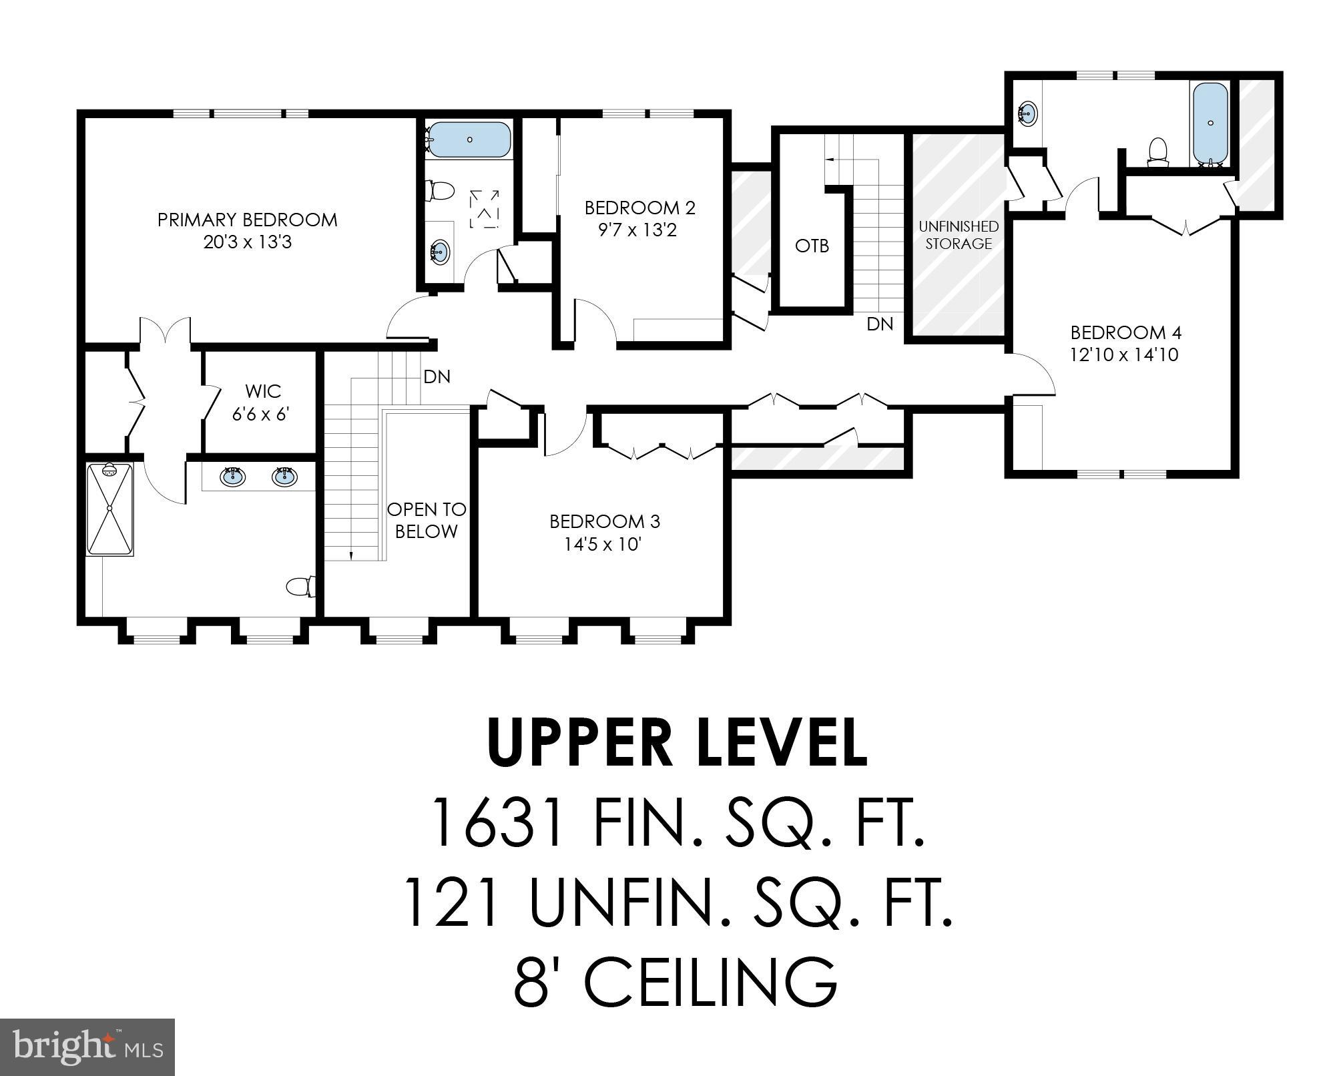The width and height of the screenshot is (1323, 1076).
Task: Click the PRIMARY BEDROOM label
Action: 247,220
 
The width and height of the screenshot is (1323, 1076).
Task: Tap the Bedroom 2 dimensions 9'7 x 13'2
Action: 637,230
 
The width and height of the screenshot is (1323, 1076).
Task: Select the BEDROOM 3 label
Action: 605,521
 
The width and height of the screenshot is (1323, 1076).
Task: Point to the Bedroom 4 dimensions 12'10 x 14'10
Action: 1124,354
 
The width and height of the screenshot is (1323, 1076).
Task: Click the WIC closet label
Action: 262,390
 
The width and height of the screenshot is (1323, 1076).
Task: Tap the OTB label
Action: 812,246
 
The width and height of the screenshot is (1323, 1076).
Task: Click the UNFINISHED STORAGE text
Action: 958,235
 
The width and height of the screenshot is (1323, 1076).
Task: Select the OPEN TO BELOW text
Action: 426,520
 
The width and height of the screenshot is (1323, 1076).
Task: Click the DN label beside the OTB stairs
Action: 879,324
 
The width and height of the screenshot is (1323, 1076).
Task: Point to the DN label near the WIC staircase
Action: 437,376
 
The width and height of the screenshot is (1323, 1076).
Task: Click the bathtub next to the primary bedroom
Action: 469,140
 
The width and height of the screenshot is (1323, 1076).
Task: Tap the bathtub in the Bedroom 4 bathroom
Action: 1210,123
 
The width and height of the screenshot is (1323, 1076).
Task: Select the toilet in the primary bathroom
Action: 300,587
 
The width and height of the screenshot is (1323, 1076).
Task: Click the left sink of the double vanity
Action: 232,477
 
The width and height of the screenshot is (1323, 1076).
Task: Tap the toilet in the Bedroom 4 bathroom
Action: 1158,150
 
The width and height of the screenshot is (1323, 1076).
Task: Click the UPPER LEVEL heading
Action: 677,743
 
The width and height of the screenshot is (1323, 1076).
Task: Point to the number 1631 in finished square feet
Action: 497,822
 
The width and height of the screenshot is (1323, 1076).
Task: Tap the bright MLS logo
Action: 87,1046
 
